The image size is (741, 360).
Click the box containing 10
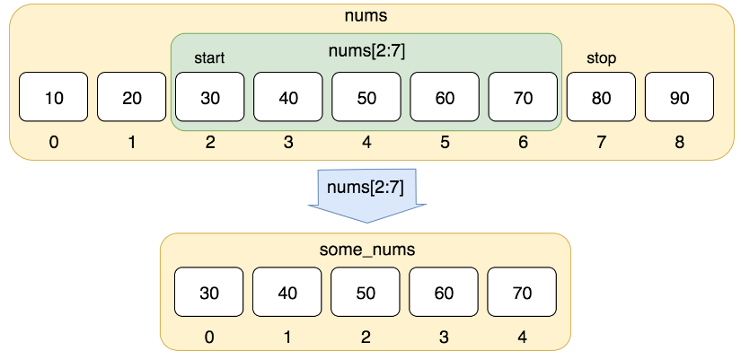(53, 97)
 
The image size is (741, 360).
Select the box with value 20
(132, 97)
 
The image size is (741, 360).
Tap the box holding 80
(601, 97)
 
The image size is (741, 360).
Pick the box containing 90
(679, 97)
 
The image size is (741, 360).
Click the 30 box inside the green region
(210, 97)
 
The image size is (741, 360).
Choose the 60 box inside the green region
(445, 97)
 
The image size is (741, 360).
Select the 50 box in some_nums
(366, 292)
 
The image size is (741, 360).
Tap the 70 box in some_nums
(522, 292)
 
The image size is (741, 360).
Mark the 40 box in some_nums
(287, 292)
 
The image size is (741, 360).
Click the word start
(209, 58)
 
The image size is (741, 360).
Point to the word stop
(601, 58)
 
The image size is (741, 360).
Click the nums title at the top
(366, 15)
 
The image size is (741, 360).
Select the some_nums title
(367, 250)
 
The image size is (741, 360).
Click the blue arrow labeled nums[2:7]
(367, 195)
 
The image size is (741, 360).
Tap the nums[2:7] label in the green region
(367, 51)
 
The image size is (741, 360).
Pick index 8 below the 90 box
(679, 142)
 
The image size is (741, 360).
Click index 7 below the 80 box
(601, 142)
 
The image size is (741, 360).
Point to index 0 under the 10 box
(53, 142)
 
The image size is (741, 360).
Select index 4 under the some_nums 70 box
(522, 337)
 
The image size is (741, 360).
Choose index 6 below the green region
(523, 142)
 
